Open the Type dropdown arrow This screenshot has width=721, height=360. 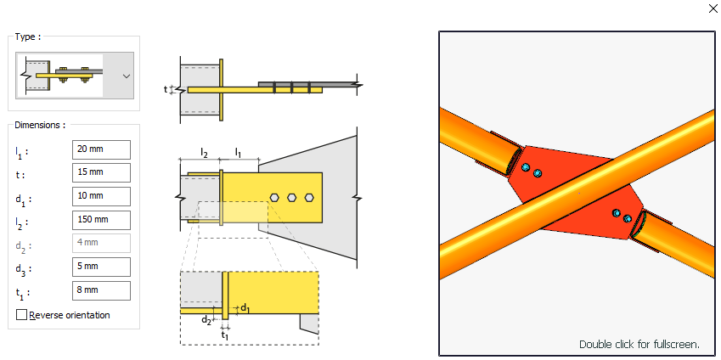[127, 76]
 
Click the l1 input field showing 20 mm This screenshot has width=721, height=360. [101, 149]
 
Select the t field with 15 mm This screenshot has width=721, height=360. [101, 173]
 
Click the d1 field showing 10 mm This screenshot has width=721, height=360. [101, 196]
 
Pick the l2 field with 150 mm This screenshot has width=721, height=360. [101, 220]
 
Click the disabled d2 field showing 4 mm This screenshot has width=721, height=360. [101, 244]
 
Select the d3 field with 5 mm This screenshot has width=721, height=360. [101, 267]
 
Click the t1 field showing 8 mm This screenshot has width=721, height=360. [101, 290]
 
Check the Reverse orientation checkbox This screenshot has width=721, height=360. [21, 315]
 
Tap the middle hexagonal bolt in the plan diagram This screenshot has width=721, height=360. [292, 197]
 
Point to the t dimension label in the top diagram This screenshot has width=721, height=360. [166, 88]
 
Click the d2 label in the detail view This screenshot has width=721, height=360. [206, 320]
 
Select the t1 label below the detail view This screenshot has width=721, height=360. [224, 336]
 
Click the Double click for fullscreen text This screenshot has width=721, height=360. [639, 344]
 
